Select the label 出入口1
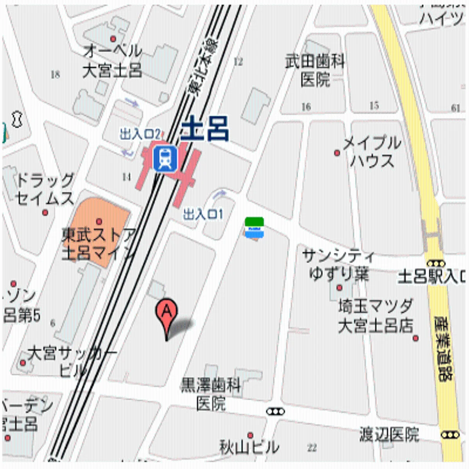coord(203,214)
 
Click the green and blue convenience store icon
coord(254,228)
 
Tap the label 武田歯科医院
coord(315,71)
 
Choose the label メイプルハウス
coord(372,152)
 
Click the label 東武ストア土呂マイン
coord(98,244)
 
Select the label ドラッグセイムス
coord(45,190)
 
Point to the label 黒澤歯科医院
coord(211,395)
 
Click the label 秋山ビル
coord(249,447)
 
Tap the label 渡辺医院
coord(389,435)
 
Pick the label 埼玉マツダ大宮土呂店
coord(376,316)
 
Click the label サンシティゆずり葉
coord(338,265)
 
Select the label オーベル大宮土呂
coord(112,61)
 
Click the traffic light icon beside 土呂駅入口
coord(436,263)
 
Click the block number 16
coord(306,106)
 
